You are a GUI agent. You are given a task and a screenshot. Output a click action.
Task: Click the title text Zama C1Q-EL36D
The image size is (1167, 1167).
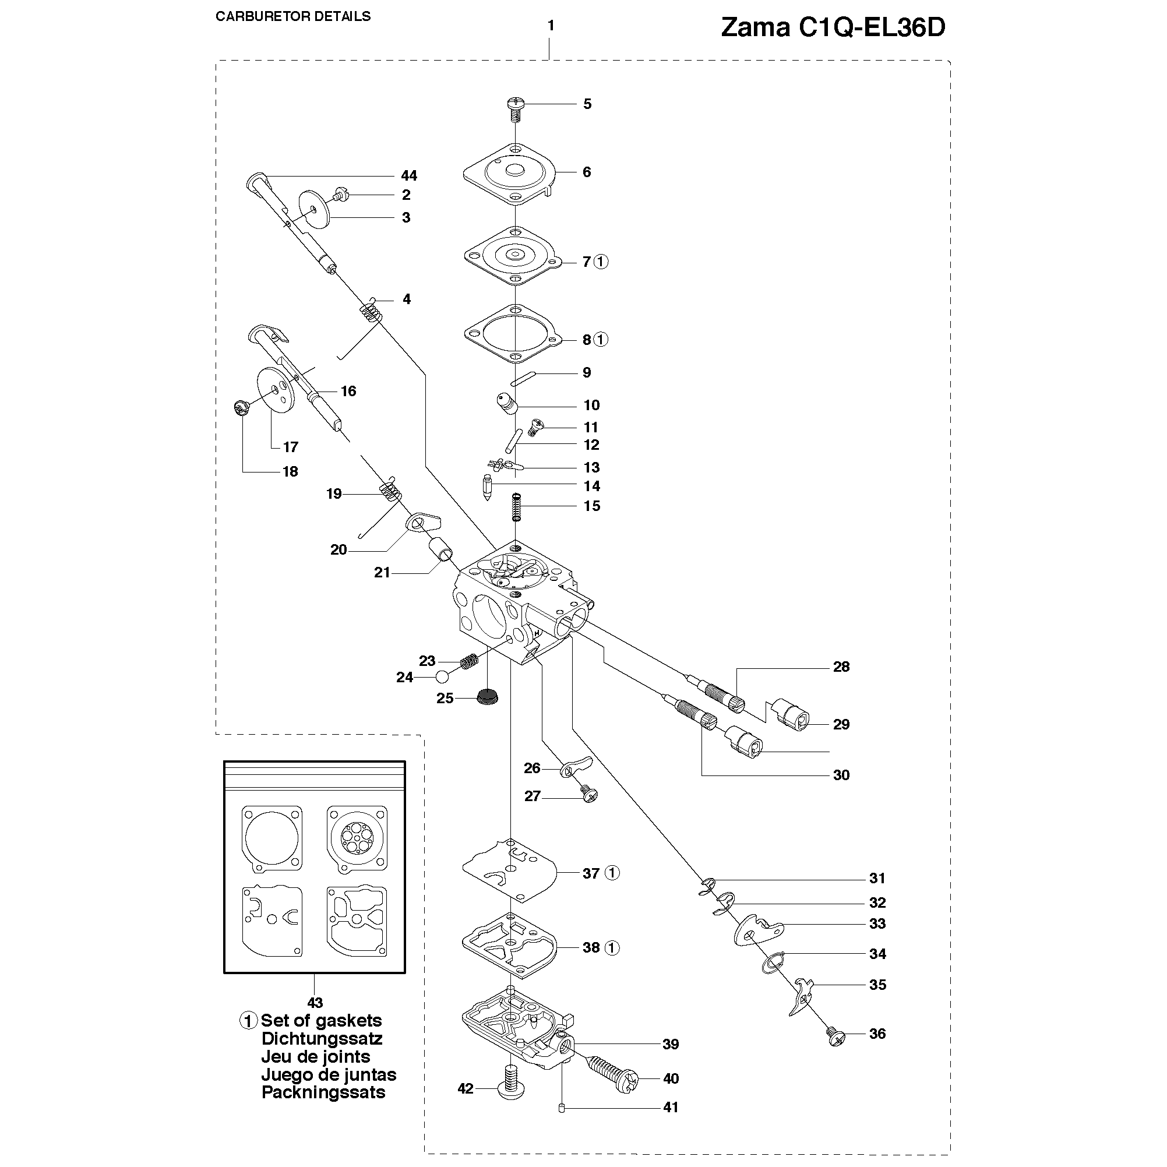(833, 28)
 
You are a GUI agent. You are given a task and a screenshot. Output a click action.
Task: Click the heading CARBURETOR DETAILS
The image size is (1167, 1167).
(293, 16)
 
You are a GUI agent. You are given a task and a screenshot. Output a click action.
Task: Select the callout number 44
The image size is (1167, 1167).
(409, 176)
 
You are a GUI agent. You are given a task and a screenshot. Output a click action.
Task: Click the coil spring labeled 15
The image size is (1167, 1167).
(516, 506)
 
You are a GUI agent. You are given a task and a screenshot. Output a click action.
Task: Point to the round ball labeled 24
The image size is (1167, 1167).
(442, 676)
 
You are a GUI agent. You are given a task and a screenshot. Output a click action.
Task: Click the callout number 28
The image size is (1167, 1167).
(841, 667)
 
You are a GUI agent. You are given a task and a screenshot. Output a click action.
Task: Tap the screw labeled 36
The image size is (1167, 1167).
(835, 1037)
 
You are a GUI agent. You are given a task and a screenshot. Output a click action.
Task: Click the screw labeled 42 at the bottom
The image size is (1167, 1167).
(512, 1090)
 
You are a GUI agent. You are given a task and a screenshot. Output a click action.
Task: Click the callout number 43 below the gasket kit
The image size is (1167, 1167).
(315, 1003)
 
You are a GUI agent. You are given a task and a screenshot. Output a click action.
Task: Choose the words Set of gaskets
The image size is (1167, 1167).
(321, 1021)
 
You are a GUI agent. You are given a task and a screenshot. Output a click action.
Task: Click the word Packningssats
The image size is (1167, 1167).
(323, 1092)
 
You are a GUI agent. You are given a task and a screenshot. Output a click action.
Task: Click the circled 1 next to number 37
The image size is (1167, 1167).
(612, 873)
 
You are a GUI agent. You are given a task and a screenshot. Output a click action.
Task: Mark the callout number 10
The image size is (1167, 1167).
(591, 406)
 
